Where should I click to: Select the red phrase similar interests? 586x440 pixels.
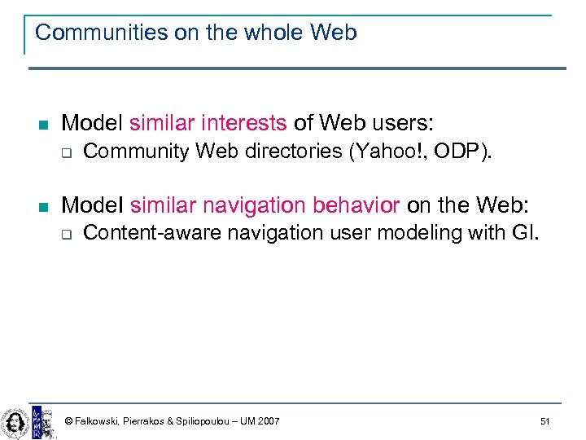pos(208,123)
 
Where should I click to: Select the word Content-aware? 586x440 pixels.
pos(152,232)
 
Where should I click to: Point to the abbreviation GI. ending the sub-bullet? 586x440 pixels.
pos(525,232)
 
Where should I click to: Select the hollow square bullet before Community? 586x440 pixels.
pos(68,152)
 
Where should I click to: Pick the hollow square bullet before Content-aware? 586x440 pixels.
pos(68,234)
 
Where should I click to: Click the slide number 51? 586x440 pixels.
pos(544,421)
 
